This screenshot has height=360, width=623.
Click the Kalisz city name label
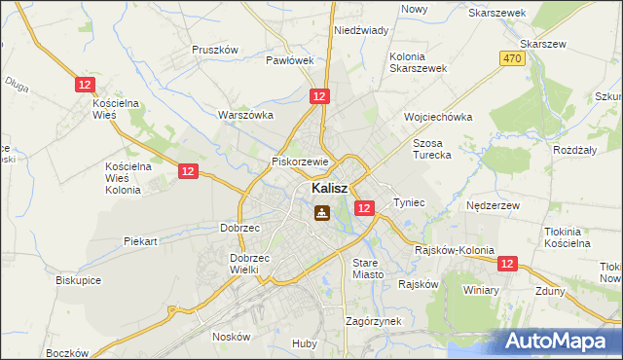click(331, 188)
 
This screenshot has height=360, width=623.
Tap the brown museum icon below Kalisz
click(320, 212)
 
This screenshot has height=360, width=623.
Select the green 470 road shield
click(513, 59)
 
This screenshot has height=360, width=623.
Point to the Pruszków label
click(215, 50)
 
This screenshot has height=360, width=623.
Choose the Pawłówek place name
click(290, 60)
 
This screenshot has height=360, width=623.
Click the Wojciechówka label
click(438, 117)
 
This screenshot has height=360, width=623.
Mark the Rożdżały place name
click(574, 150)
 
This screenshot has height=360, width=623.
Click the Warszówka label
click(246, 115)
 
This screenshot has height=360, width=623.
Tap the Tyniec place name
click(409, 202)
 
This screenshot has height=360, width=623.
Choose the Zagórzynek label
click(374, 320)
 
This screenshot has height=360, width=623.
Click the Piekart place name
click(141, 240)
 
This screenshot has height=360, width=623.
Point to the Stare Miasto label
click(369, 269)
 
